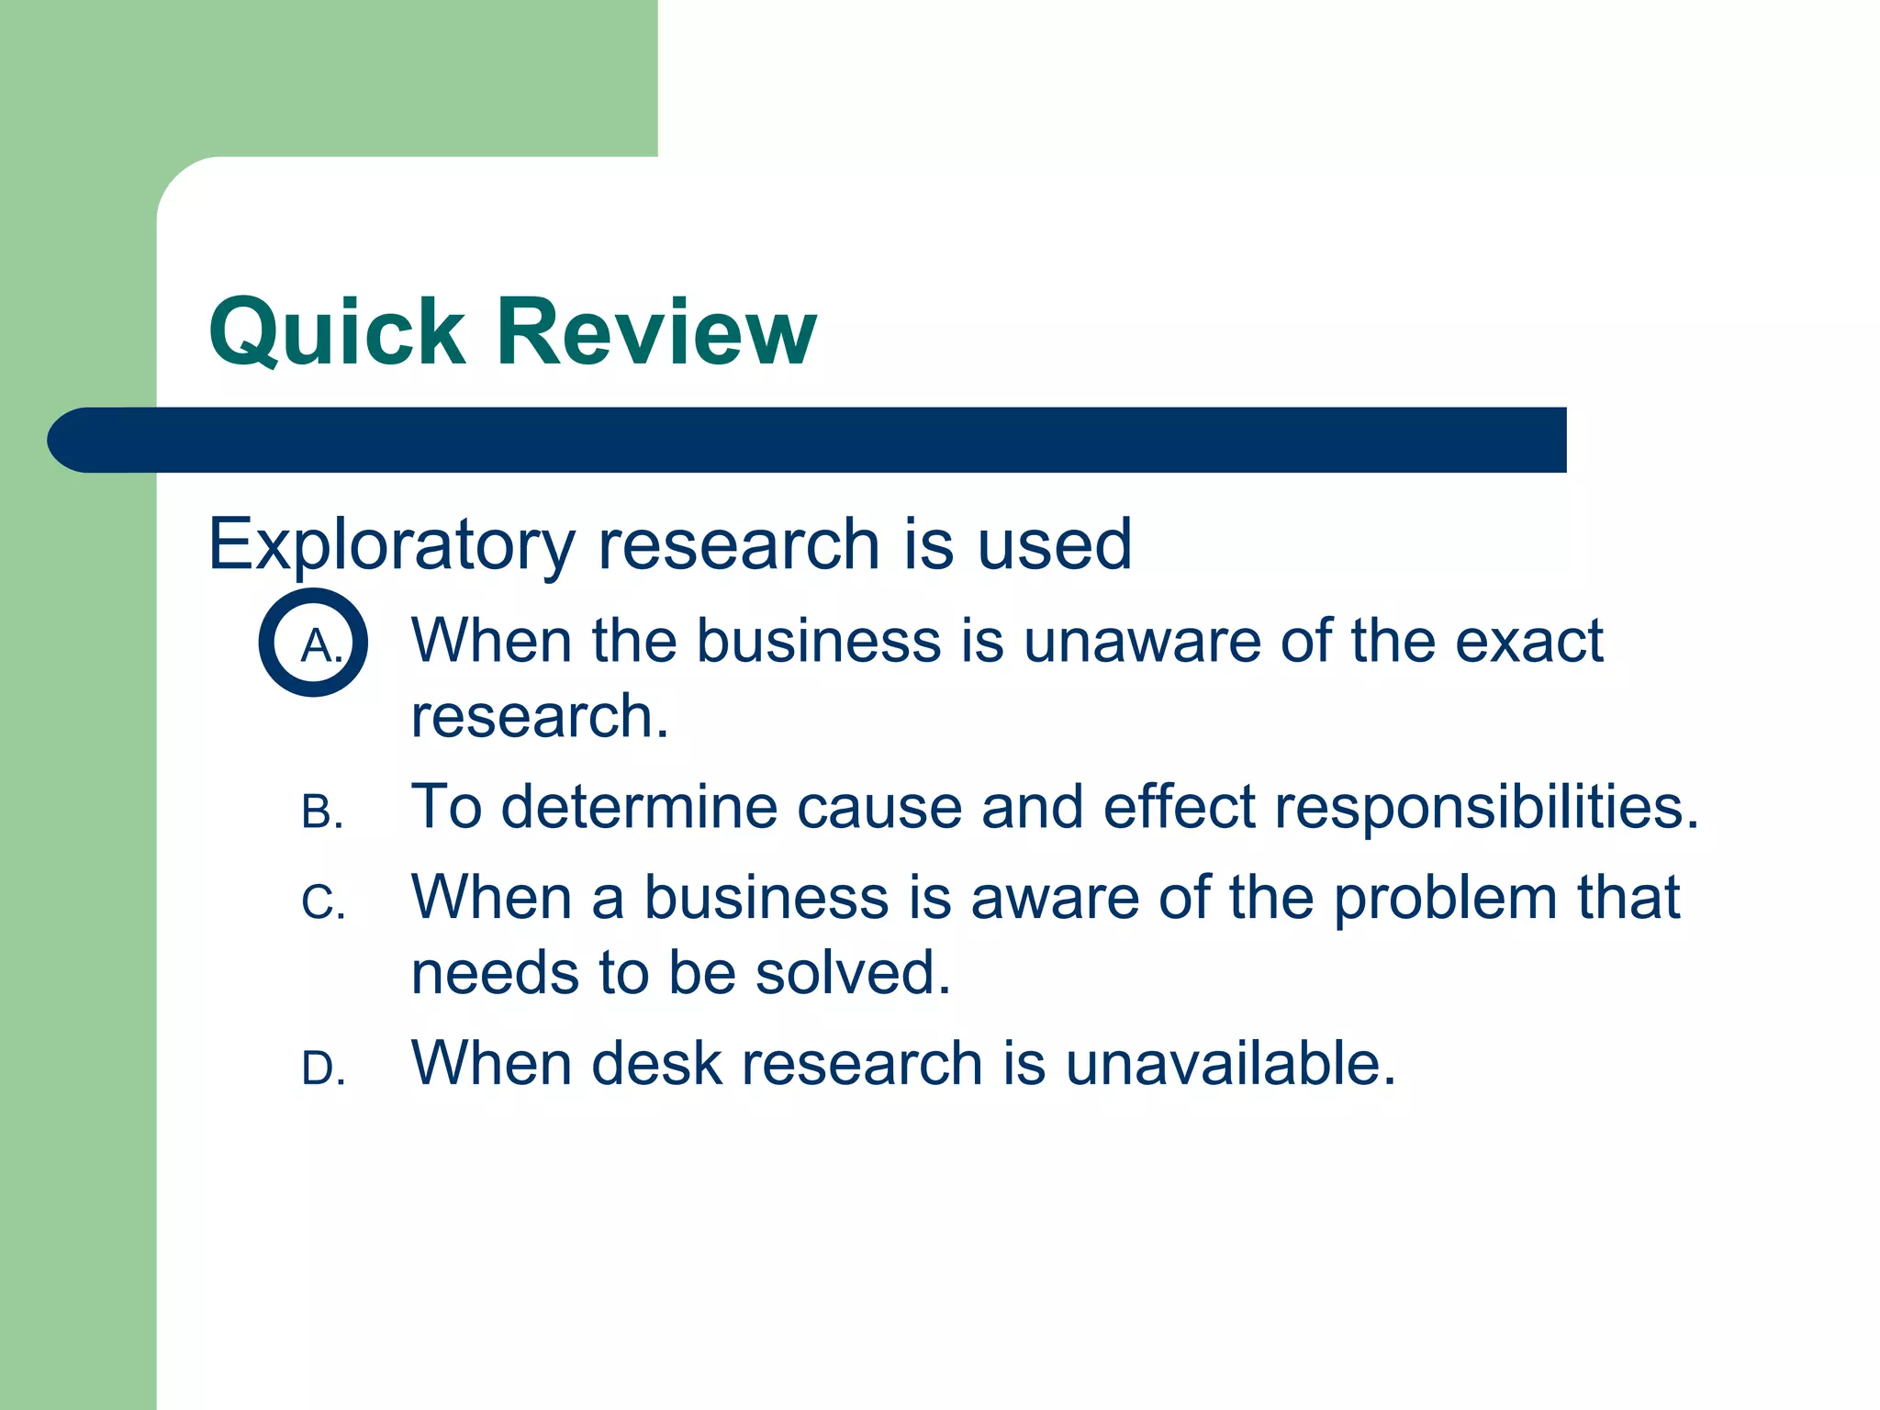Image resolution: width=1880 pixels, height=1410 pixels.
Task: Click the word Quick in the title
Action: click(x=337, y=332)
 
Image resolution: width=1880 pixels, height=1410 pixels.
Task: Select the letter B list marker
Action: click(x=322, y=812)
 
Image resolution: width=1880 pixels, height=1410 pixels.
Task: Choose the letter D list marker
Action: click(x=323, y=1069)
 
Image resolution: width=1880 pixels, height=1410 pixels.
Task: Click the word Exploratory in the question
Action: click(x=390, y=545)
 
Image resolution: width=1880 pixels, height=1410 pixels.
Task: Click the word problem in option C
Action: click(x=1445, y=897)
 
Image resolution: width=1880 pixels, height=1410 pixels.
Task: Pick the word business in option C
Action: click(x=766, y=897)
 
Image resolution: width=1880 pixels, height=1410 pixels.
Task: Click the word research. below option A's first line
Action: click(x=539, y=717)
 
